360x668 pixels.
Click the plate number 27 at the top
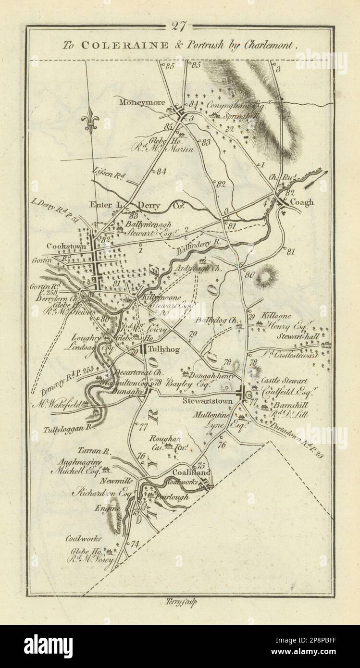point(180,27)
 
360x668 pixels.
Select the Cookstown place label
point(66,246)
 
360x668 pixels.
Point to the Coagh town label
point(301,202)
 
